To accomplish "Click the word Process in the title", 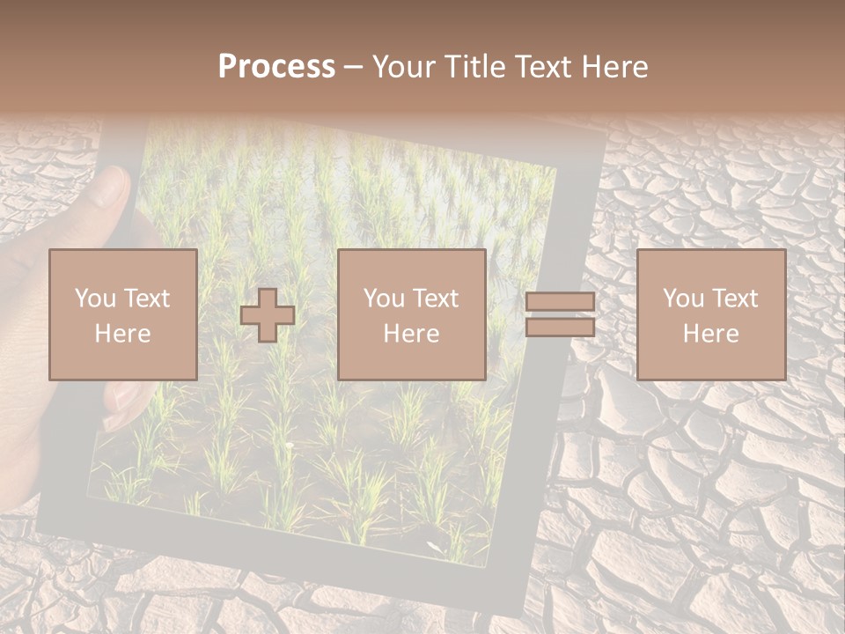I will point(276,66).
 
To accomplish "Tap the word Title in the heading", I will point(475,66).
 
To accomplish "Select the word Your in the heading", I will point(405,66).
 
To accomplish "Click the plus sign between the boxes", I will point(268,314).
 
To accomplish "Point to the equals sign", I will point(560,314).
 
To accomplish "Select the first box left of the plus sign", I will point(122,314).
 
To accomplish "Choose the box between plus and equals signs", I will point(411,314).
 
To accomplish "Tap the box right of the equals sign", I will point(710,314).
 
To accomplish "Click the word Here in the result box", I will point(710,333).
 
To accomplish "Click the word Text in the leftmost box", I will point(148,299).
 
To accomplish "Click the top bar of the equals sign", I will point(560,302).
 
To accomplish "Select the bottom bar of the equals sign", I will point(560,327).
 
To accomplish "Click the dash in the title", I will point(354,67).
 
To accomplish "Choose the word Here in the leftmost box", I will point(122,333).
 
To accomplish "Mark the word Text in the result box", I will point(736,299).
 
